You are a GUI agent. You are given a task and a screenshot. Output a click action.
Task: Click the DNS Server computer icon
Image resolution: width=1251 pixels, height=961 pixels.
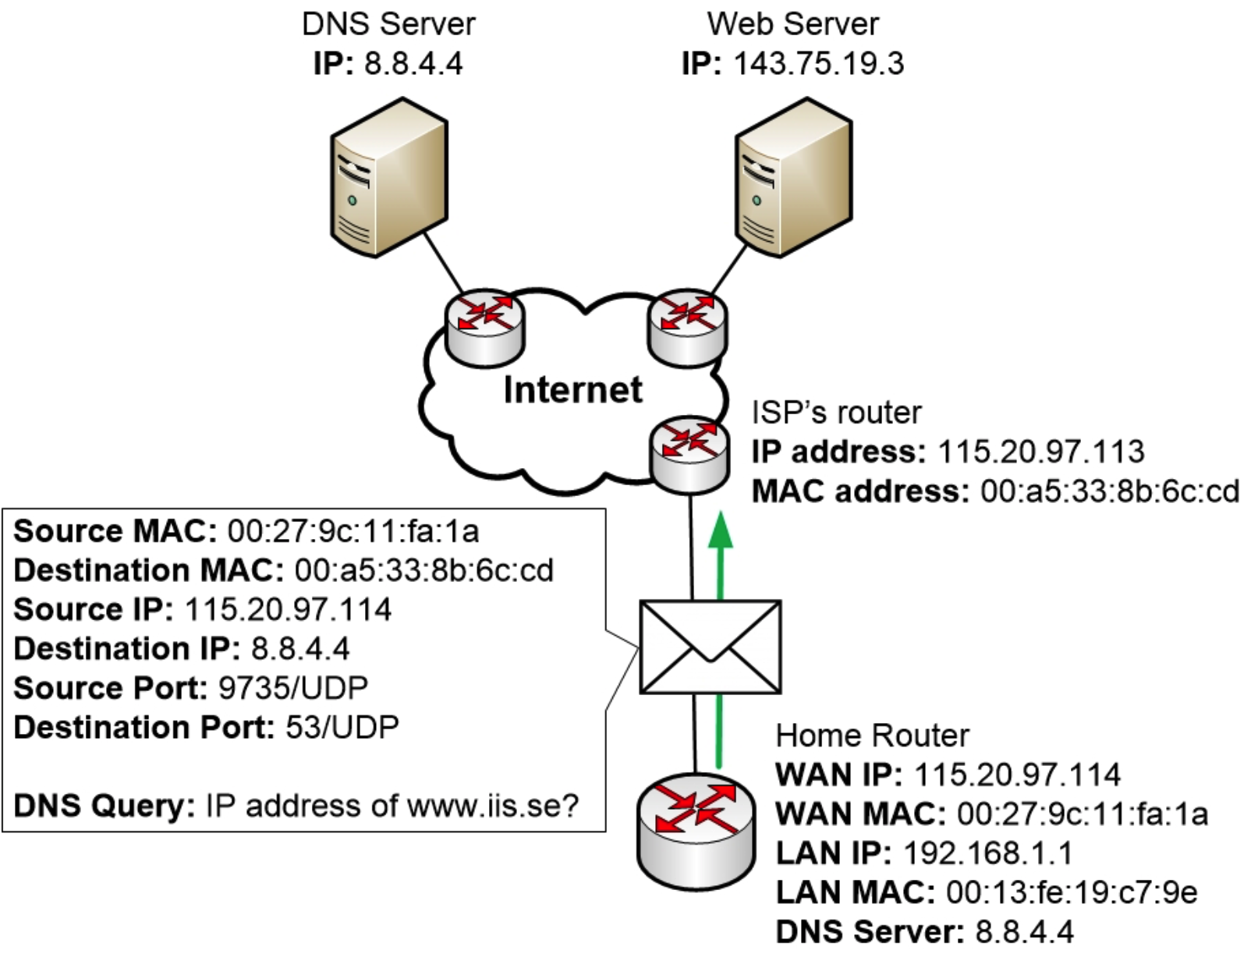pos(388,177)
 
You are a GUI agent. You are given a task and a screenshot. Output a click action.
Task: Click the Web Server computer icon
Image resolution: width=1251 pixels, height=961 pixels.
pos(792,177)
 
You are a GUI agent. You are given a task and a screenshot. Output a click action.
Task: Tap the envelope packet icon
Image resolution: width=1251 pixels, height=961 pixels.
pos(710,647)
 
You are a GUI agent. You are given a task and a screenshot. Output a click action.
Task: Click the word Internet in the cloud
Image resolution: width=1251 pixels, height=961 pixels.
pos(572,389)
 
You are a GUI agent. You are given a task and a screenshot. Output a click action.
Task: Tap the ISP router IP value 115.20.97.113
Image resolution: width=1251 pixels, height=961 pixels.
pos(1040,452)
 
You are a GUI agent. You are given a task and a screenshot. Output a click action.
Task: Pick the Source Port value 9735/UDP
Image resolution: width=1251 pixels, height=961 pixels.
pos(293,688)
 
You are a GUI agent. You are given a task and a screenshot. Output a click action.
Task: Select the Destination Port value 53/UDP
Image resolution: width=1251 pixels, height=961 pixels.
pos(342,727)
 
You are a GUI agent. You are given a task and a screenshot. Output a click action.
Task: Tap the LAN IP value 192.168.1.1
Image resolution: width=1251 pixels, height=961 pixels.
pos(987,853)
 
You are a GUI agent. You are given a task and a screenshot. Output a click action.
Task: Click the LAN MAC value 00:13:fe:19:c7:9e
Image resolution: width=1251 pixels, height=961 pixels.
pos(1072,892)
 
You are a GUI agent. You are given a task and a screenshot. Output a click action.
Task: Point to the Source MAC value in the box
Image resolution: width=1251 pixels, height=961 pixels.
pos(353,531)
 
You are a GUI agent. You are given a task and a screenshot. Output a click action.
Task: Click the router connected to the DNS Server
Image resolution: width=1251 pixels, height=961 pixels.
pos(485,326)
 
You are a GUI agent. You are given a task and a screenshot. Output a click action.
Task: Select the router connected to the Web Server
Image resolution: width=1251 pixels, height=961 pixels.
pos(687,326)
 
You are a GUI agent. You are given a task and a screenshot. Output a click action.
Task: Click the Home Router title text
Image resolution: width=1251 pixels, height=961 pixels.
pos(872,736)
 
